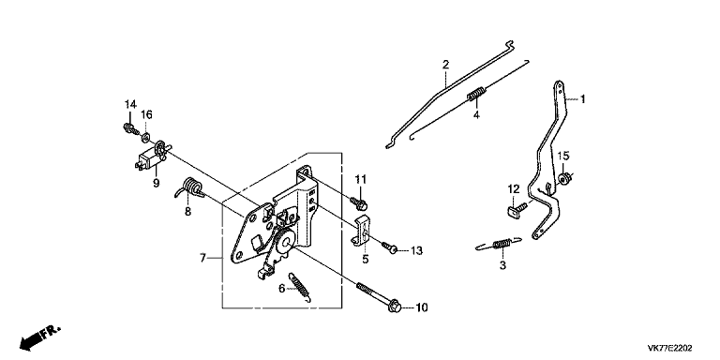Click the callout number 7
click(202, 258)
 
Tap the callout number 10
click(422, 307)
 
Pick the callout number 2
click(445, 65)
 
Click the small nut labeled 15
click(564, 178)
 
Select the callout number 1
click(582, 98)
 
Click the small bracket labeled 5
click(362, 231)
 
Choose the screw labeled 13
click(389, 247)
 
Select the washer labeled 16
click(146, 136)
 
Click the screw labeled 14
click(130, 128)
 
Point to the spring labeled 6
click(298, 287)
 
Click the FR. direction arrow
click(40, 337)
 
